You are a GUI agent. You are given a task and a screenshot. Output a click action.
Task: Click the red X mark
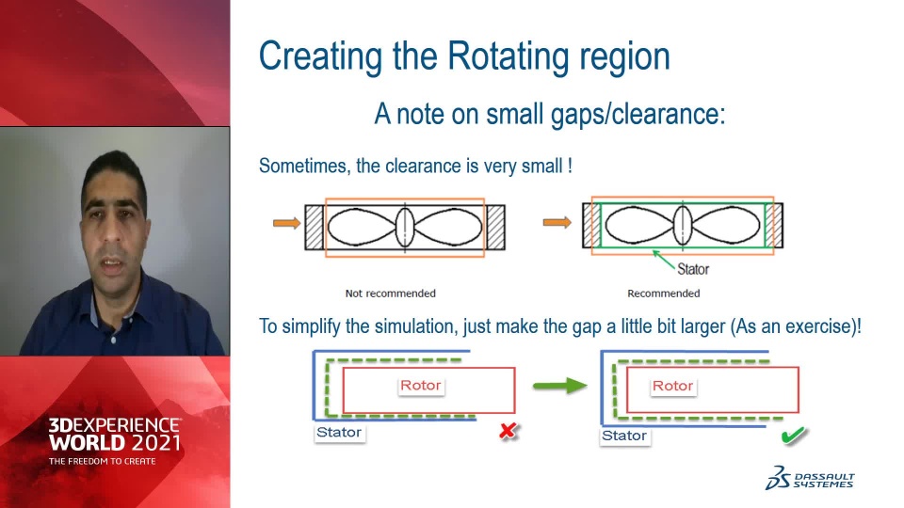[x=508, y=431]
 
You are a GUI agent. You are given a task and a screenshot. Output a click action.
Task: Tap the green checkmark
[x=793, y=435]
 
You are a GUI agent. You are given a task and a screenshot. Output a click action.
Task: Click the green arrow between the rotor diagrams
[x=559, y=386]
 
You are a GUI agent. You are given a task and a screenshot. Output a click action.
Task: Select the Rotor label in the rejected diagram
[x=421, y=386]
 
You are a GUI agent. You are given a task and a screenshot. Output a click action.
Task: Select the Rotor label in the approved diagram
[x=672, y=386]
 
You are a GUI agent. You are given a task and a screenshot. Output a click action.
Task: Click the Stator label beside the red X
[x=339, y=433]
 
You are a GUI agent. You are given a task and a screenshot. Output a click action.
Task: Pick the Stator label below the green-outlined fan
[x=693, y=269]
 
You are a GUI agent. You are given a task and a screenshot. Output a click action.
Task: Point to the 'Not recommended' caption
[x=390, y=294]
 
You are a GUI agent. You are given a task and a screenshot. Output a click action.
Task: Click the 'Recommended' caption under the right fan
[x=664, y=294]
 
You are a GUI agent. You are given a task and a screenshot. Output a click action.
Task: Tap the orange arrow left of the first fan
[x=286, y=223]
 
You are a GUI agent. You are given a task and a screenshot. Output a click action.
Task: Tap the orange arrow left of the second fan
[x=557, y=222]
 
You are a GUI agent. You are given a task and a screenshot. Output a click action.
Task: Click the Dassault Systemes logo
[x=810, y=479]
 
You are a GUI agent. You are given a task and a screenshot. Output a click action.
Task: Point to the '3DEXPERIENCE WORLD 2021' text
[x=114, y=435]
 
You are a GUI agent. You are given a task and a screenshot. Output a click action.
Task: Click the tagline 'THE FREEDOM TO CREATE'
[x=102, y=461]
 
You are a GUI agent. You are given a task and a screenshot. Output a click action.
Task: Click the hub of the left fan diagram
[x=405, y=227]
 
